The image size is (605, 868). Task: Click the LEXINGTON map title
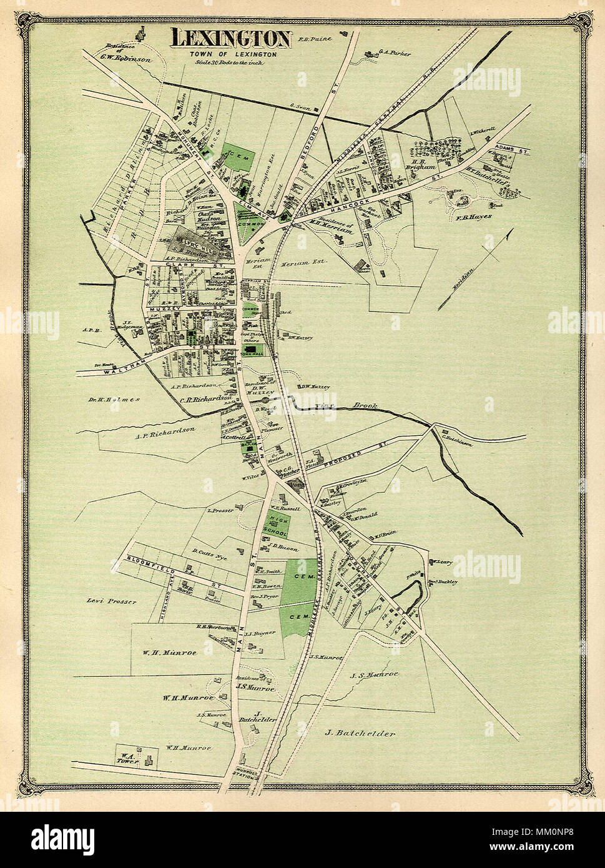231,39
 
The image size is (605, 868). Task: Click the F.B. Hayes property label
474,217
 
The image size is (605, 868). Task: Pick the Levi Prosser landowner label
112,601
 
